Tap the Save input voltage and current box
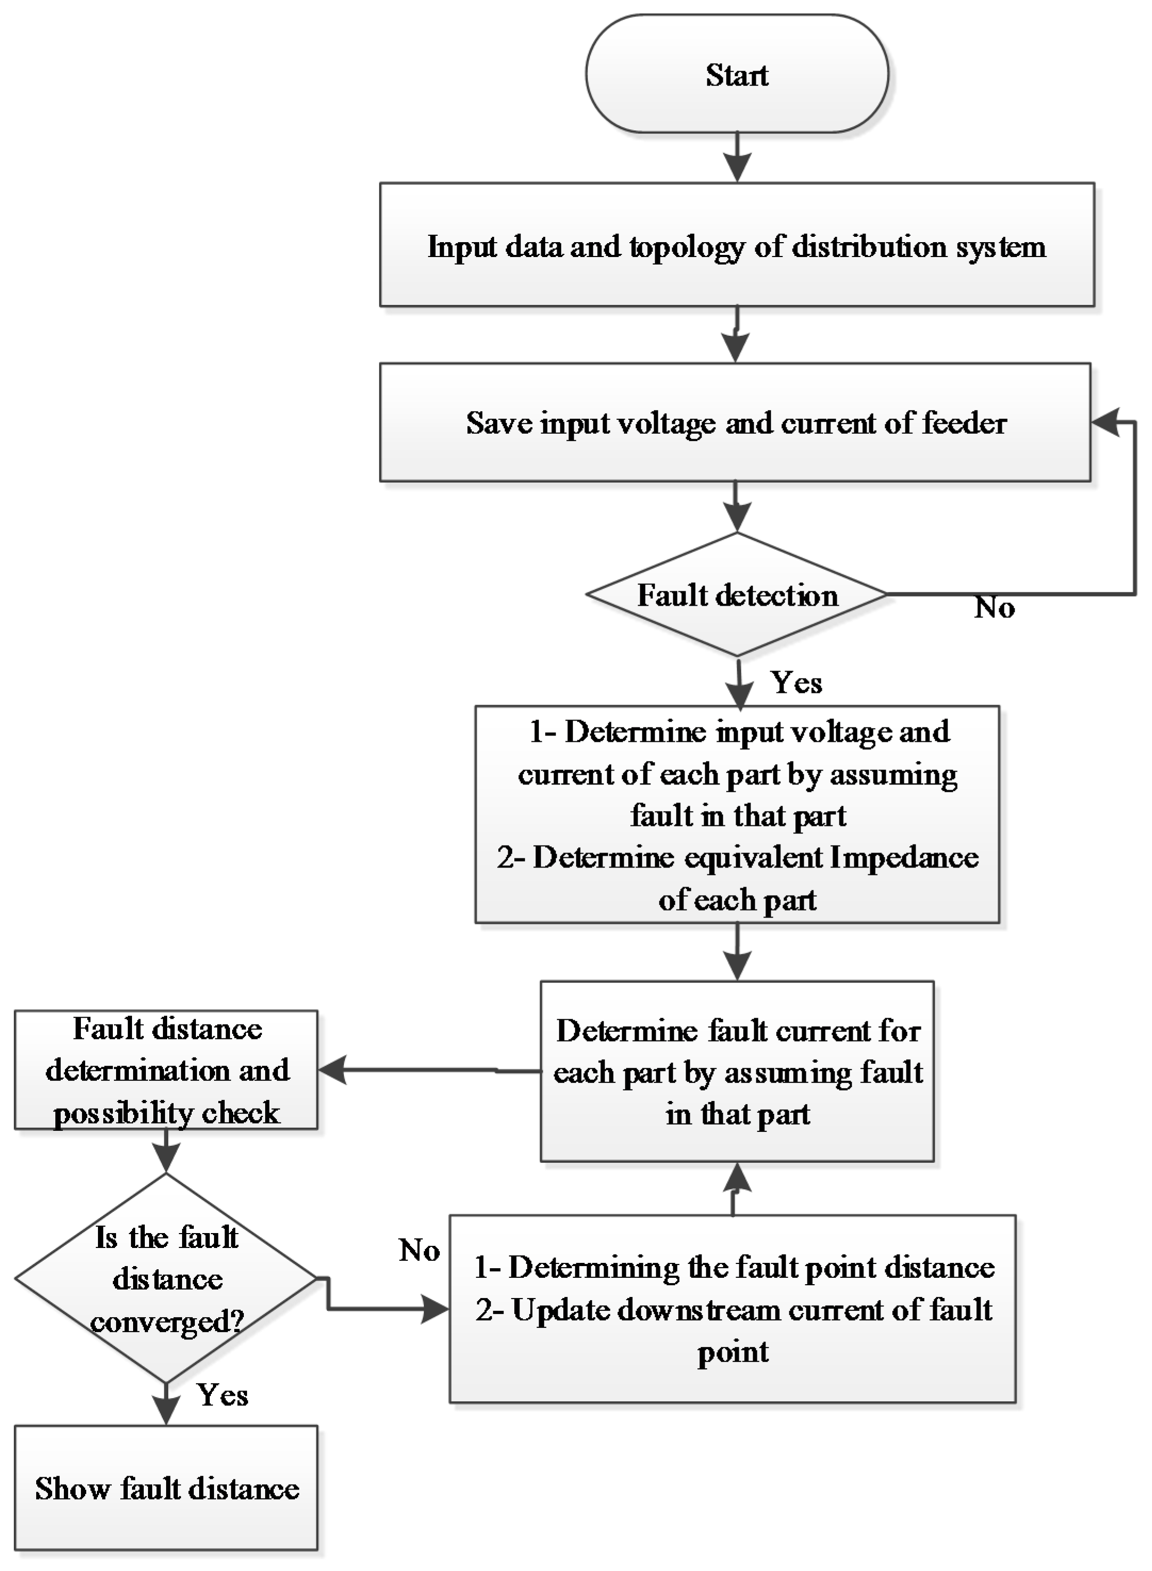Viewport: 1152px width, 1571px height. [735, 423]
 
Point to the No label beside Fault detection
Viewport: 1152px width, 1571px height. [994, 608]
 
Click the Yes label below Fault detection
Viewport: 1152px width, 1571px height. [796, 682]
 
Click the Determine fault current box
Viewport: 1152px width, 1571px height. [737, 1072]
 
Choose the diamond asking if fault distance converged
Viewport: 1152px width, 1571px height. [166, 1279]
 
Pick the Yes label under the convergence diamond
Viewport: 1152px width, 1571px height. [223, 1395]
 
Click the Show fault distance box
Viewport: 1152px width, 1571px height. [166, 1489]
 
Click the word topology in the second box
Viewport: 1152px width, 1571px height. [687, 247]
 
